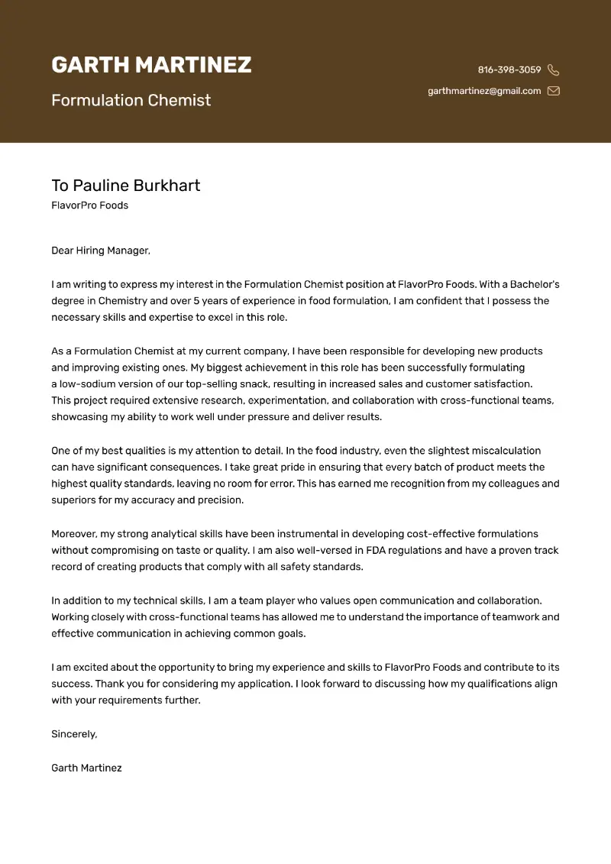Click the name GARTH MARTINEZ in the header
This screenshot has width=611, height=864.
151,65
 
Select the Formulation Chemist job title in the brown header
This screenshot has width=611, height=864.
131,100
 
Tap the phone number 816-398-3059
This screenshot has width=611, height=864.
509,70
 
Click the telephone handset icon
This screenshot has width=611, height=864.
554,70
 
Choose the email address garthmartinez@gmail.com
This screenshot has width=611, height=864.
484,91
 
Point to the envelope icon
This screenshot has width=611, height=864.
554,91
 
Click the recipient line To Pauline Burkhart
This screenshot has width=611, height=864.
126,186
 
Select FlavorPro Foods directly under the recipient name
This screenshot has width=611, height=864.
89,205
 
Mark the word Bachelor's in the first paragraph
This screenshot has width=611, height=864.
533,284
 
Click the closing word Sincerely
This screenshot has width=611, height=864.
74,734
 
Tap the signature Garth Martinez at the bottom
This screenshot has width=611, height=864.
86,768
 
